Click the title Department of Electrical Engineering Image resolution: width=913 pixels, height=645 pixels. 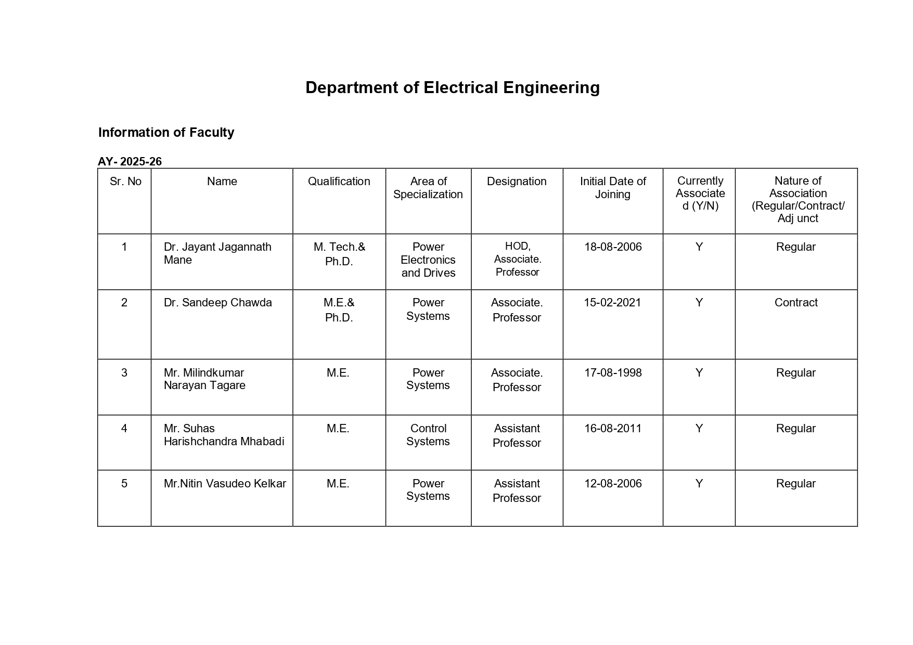point(452,87)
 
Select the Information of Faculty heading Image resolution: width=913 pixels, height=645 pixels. point(166,133)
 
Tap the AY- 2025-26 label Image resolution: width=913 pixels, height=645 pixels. point(130,162)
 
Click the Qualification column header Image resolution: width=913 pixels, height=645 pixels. point(339,182)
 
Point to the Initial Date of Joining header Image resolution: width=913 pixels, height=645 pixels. point(612,188)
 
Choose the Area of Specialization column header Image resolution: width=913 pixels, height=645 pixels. point(428,188)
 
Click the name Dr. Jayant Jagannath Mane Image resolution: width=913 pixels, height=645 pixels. point(217,253)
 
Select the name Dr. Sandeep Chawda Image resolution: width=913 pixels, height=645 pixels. point(217,303)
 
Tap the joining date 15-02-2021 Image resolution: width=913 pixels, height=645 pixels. point(612,303)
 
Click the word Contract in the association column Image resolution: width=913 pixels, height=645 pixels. point(795,303)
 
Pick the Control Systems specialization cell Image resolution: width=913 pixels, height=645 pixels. point(428,435)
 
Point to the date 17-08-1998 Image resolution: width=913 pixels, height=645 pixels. point(613,373)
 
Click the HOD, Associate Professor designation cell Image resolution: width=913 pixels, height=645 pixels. point(517,259)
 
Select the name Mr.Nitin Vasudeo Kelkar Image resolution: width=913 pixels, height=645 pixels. point(225,484)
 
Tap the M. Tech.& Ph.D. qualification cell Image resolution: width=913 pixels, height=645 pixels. point(339,254)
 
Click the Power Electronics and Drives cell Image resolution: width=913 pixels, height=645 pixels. point(428,260)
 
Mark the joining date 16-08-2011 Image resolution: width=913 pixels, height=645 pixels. point(613,429)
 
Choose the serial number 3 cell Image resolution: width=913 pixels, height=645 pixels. point(124,373)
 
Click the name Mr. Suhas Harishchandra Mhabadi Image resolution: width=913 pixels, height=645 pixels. point(224,435)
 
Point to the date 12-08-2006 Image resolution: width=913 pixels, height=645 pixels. point(613,484)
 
